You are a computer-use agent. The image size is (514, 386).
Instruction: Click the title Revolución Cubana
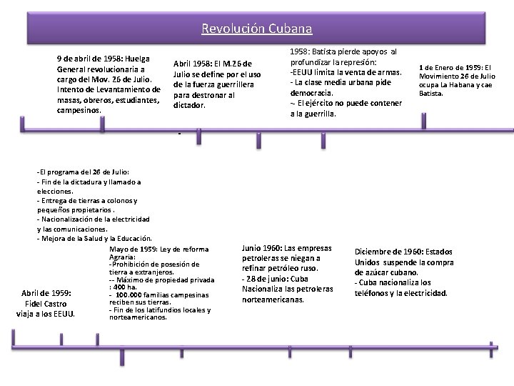pos(256,29)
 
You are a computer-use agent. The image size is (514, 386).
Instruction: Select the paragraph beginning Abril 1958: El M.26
pos(216,84)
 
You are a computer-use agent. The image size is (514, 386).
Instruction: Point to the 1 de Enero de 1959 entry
pos(457,80)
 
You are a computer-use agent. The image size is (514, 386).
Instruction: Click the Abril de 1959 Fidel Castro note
pos(46,302)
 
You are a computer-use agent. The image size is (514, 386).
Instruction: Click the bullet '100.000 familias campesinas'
pos(160,295)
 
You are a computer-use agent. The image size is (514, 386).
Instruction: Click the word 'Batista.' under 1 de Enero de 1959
pos(430,93)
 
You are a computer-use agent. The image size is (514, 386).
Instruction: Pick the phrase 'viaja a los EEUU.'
pos(46,313)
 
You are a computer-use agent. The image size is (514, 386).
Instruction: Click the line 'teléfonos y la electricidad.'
pos(401,293)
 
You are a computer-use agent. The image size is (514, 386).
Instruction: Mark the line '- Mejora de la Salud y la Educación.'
pos(94,238)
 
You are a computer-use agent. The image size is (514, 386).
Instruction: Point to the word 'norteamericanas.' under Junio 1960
pos(273,300)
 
